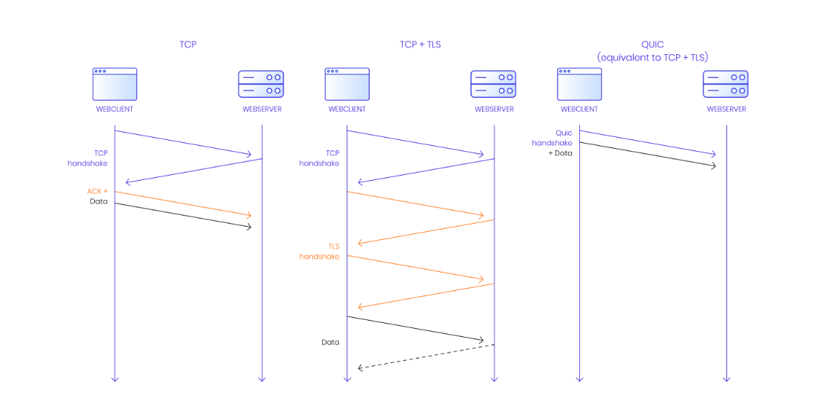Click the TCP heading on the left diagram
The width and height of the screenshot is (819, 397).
(188, 44)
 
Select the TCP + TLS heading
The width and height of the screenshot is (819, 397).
(420, 44)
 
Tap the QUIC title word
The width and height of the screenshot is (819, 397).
(652, 44)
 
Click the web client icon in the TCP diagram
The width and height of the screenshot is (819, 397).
(115, 84)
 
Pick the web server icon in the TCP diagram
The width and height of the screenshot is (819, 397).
(261, 84)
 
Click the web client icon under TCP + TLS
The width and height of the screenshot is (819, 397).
(347, 84)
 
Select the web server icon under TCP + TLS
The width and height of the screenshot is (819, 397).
(494, 84)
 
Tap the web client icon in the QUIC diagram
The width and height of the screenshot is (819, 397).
(579, 84)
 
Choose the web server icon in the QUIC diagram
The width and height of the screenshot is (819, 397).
(726, 84)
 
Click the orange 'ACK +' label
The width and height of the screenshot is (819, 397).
(97, 191)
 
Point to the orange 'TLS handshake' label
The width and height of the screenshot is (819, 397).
(319, 251)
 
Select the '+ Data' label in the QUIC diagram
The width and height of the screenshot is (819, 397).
(560, 153)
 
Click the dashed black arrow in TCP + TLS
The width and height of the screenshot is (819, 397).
(426, 356)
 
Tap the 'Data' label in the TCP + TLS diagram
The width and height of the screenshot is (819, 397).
(330, 342)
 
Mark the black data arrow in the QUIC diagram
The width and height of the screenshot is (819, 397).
(648, 154)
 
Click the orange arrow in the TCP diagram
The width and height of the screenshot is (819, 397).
(183, 204)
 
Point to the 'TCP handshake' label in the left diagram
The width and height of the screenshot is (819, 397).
(88, 158)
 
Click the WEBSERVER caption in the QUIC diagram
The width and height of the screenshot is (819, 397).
(726, 110)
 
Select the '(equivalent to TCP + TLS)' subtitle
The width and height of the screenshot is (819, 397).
(652, 57)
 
